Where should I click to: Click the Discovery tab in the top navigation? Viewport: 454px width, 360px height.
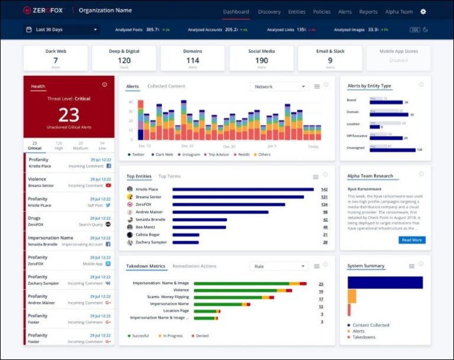tap(269, 11)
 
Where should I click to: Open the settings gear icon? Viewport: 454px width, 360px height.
tap(423, 11)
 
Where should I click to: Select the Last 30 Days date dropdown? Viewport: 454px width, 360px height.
tap(62, 30)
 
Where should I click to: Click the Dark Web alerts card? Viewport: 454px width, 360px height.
tap(56, 58)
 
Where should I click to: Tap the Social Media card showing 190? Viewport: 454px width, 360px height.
tap(261, 58)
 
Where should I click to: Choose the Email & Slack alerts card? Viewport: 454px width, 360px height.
tap(330, 58)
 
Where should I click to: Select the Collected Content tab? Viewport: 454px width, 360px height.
tap(166, 86)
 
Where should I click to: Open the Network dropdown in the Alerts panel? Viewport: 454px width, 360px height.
tap(279, 87)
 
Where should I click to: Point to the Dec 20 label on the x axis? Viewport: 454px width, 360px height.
tap(187, 146)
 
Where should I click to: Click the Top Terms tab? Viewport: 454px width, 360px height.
tap(170, 176)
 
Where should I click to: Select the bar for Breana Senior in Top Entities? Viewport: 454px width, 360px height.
tap(238, 197)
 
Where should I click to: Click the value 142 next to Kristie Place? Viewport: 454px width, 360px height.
tap(324, 189)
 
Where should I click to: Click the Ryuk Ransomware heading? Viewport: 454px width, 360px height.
tap(362, 189)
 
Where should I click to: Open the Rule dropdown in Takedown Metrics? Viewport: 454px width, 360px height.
tap(279, 267)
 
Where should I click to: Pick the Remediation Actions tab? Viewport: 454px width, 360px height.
tap(194, 267)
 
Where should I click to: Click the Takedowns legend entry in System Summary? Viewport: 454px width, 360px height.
tap(364, 337)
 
